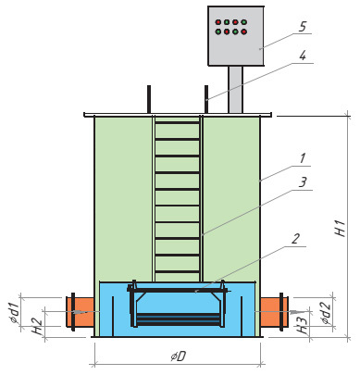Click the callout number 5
coord(303,27)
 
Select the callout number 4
coord(303,56)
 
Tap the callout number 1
coord(303,158)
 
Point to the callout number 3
coord(303,182)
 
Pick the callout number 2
coord(295,239)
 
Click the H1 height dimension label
coord(341,229)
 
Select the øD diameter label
coord(179,356)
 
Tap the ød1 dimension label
coord(15,313)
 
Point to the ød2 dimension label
coord(326,313)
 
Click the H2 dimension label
coord(37,327)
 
